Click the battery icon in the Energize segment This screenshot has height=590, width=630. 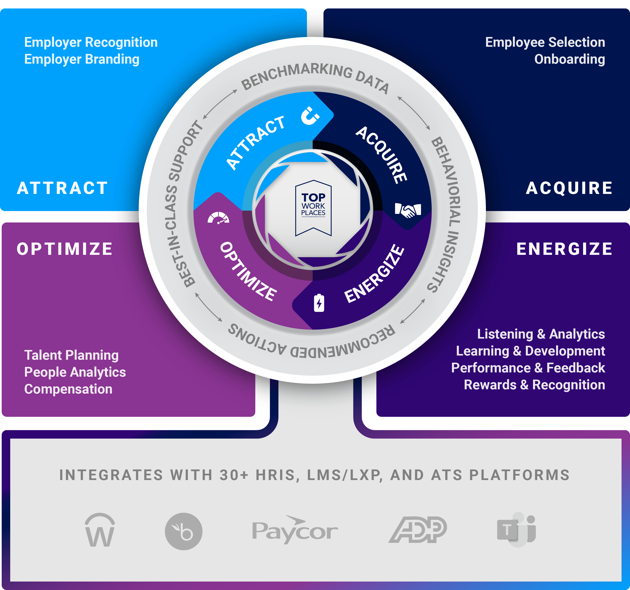click(x=319, y=303)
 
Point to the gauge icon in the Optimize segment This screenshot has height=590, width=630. click(x=218, y=218)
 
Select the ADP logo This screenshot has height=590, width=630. click(x=418, y=530)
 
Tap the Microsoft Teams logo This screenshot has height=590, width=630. click(x=517, y=530)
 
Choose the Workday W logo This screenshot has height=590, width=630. click(x=100, y=530)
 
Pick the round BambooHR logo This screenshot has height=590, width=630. click(x=184, y=531)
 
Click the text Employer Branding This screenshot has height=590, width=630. click(x=82, y=59)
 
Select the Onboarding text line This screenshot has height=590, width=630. click(x=569, y=59)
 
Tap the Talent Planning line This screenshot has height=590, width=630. click(x=71, y=355)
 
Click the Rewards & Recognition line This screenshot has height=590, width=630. click(x=534, y=385)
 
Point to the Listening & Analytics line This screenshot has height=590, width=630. click(x=541, y=334)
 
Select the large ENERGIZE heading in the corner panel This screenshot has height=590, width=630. click(x=564, y=249)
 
